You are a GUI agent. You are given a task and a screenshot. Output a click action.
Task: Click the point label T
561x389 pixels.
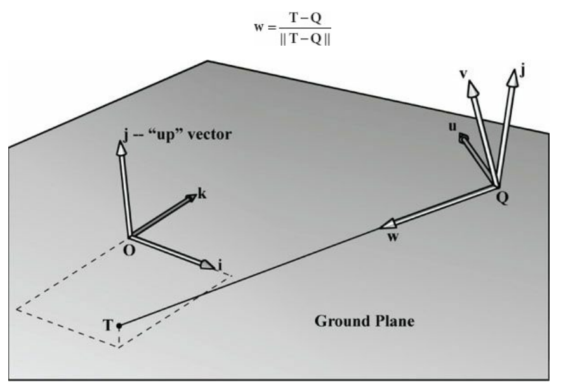pos(108,326)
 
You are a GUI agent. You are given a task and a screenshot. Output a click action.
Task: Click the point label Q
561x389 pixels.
pos(503,195)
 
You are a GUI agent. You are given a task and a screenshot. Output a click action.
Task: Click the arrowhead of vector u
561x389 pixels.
pos(465,138)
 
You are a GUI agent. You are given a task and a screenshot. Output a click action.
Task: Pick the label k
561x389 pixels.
pos(202,194)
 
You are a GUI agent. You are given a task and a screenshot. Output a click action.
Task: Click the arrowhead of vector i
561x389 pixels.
pos(208,265)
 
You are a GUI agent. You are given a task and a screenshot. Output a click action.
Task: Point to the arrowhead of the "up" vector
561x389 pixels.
pos(120,148)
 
